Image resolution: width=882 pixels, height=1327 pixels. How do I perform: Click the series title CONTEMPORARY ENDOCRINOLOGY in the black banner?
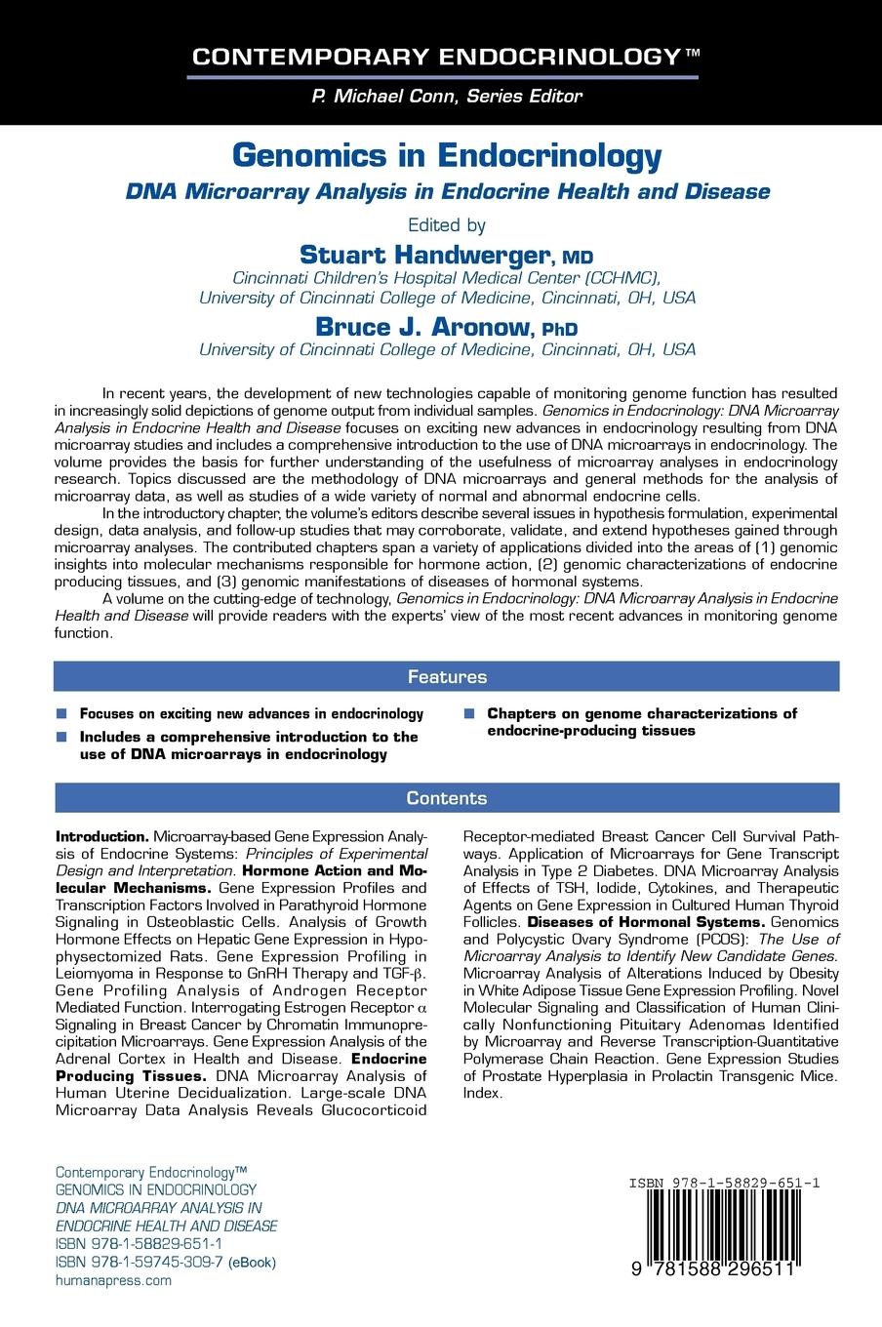coord(434,57)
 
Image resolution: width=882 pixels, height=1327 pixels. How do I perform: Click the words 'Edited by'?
coord(447,224)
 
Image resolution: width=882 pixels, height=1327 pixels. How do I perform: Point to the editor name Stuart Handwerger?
coord(424,255)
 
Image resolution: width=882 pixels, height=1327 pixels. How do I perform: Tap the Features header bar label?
coord(447,676)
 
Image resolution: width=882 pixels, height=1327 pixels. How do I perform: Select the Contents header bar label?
coord(447,798)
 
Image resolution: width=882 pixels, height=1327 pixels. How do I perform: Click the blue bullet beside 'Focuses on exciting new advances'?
coord(62,713)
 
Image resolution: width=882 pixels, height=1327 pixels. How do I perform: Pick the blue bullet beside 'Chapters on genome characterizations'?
coord(470,713)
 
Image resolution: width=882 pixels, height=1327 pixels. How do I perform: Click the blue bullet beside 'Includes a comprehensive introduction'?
coord(62,737)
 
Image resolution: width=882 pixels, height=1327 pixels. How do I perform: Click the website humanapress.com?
coord(113,1280)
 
